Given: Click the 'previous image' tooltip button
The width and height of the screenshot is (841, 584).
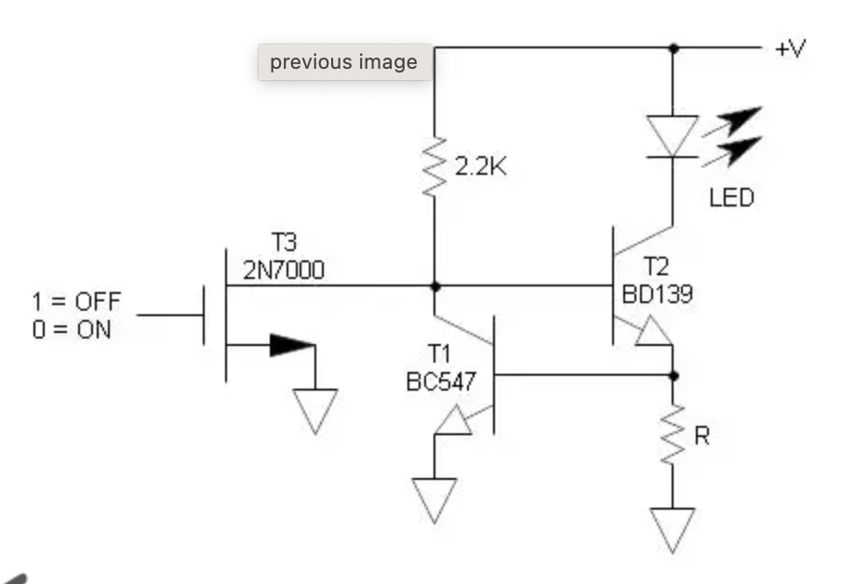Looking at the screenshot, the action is (x=345, y=62).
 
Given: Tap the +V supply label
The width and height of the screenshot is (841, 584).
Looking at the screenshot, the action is (x=790, y=48).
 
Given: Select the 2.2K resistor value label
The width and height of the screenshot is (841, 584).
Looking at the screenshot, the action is (x=480, y=166).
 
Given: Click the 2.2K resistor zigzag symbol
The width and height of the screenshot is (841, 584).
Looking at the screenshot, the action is (x=434, y=166).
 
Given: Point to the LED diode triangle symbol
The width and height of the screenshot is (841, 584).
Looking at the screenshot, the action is (x=673, y=136).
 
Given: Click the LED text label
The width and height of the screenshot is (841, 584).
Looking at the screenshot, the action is (x=731, y=198).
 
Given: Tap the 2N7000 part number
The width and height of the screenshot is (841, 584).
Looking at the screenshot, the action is (x=284, y=271).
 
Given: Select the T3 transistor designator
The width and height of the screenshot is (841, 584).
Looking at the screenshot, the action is (x=284, y=243).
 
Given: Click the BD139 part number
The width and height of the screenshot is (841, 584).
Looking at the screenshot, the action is (x=658, y=294).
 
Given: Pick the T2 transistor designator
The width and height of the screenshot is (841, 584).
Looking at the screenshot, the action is (x=656, y=267).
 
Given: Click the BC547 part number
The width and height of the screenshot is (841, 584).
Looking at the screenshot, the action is (x=441, y=382).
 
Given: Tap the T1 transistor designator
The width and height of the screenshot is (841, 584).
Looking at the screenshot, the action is (x=439, y=354).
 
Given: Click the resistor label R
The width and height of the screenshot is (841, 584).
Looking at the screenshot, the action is (x=701, y=436).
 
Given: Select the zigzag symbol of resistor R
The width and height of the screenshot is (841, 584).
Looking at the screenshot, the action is (x=673, y=434).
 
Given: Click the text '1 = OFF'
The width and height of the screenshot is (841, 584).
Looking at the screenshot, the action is (x=76, y=301).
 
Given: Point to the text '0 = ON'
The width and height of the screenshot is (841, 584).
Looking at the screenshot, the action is (x=72, y=329).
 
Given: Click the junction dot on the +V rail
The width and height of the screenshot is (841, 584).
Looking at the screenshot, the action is (x=674, y=48).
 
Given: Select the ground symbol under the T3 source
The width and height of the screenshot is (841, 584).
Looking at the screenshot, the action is (x=315, y=411).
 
